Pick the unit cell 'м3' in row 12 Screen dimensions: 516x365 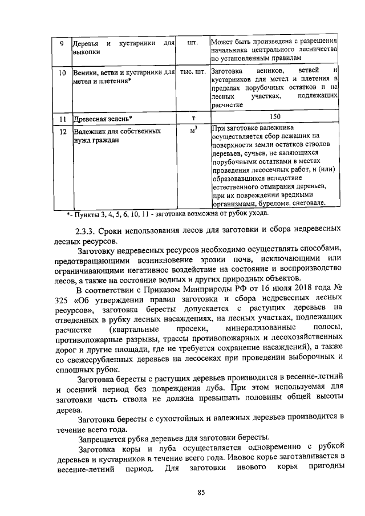point(193,131)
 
